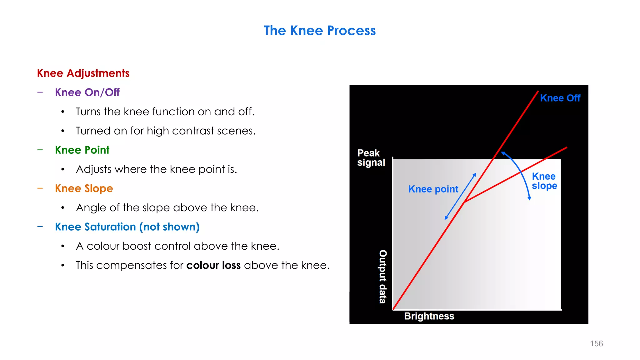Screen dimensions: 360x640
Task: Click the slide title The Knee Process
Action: (x=320, y=31)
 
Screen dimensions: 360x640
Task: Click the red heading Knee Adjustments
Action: (x=83, y=73)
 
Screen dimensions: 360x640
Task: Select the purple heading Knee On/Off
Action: (x=87, y=92)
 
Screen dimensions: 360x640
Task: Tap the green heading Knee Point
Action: (x=82, y=150)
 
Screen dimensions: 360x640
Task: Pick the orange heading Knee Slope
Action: (x=84, y=188)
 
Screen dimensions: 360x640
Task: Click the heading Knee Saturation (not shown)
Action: (x=127, y=227)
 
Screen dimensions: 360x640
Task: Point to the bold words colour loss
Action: (x=213, y=265)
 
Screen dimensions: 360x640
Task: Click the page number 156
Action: (x=596, y=343)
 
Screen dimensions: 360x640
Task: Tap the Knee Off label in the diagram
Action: (x=560, y=98)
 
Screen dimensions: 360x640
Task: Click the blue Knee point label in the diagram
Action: (x=433, y=189)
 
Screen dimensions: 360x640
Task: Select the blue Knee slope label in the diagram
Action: (x=544, y=181)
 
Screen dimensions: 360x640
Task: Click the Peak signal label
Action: (x=371, y=158)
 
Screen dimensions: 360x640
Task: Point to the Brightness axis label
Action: (x=429, y=316)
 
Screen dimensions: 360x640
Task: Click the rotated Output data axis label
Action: (x=383, y=277)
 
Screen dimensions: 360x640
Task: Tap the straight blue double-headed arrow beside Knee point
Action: (x=460, y=197)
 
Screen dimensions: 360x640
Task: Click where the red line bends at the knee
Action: (x=464, y=202)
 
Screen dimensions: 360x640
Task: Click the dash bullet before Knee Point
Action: (x=40, y=150)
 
